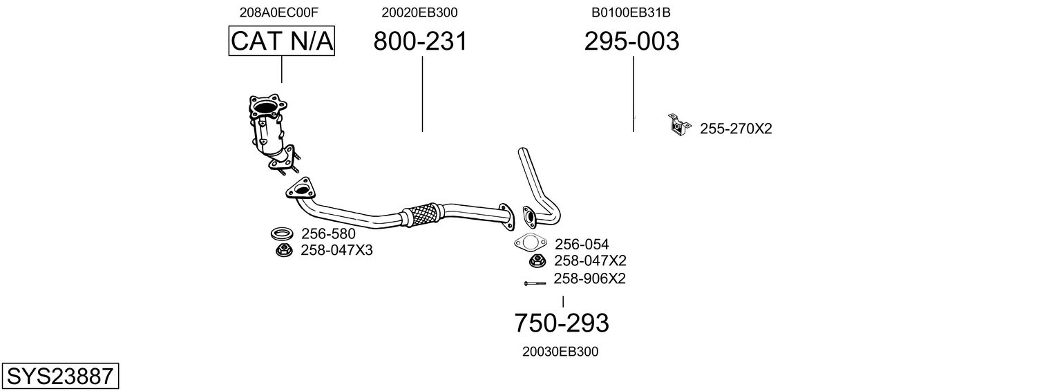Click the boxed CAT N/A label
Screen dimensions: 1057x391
tap(282, 41)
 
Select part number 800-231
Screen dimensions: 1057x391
tap(420, 41)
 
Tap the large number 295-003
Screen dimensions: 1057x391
tap(631, 41)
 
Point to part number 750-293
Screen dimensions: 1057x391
tap(562, 323)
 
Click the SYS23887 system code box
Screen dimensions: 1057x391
tap(59, 376)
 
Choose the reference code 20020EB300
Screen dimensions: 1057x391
tap(419, 12)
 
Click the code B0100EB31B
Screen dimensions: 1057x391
tap(631, 12)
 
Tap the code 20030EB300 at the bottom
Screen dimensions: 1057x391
tap(560, 352)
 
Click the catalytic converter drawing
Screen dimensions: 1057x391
tap(269, 131)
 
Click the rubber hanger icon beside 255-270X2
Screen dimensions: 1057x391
tap(678, 124)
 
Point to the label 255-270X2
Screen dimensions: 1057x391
tap(736, 128)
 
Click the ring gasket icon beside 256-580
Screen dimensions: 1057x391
tap(281, 233)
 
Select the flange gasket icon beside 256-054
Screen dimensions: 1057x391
tap(530, 243)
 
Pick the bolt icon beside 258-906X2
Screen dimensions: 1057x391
tap(535, 283)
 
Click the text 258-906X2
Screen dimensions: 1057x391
tap(589, 279)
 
